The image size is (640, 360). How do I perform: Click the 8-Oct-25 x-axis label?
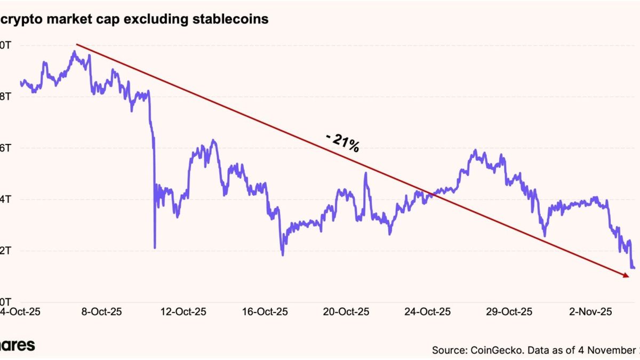(102, 311)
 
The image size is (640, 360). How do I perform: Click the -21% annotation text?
(342, 142)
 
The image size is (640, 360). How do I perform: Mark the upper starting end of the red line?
(77, 44)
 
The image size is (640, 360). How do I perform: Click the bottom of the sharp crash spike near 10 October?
(155, 247)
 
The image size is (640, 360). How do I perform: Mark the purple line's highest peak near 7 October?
(74, 51)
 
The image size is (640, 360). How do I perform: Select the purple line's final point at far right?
(634, 268)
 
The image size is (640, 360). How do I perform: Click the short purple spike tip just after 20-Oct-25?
(366, 173)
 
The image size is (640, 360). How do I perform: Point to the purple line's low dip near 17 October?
(283, 255)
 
